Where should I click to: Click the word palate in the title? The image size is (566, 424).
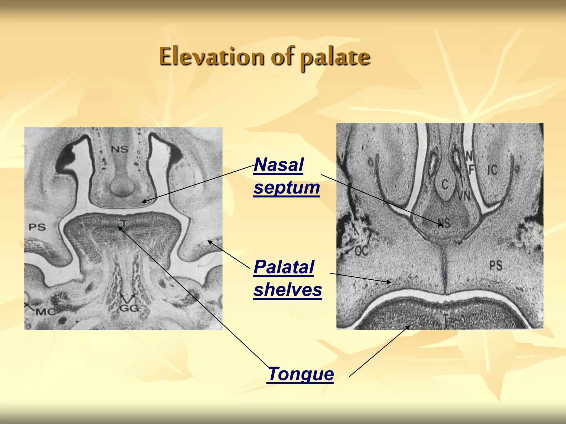(335, 58)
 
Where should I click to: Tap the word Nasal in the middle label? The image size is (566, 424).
(279, 165)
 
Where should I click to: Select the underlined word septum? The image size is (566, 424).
(287, 188)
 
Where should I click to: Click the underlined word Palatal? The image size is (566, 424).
(284, 267)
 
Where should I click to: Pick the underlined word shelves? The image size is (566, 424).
(288, 290)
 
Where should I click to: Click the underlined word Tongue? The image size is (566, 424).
(301, 374)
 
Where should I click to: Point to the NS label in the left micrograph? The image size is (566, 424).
(120, 149)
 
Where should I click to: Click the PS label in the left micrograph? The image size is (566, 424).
(37, 227)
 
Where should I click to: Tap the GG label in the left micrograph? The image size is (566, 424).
(129, 308)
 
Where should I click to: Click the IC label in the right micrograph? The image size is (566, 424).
(492, 170)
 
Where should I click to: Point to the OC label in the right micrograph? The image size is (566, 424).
(361, 251)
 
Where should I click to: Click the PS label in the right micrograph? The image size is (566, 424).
(496, 266)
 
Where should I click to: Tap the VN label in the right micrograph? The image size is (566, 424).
(464, 196)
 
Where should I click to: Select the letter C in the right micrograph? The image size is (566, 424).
(445, 184)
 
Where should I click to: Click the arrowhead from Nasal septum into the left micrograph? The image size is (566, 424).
(144, 202)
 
